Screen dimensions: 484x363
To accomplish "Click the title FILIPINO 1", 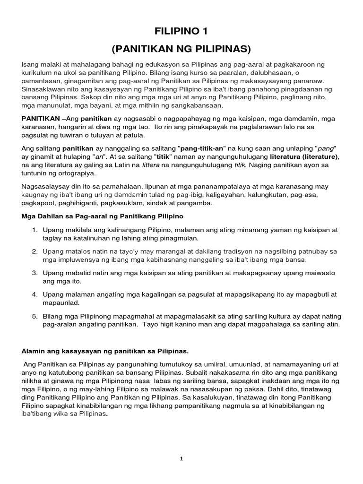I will [181, 32].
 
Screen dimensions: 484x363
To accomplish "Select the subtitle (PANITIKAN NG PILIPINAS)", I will [181, 49].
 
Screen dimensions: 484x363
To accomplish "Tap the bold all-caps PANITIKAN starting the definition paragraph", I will [41, 118].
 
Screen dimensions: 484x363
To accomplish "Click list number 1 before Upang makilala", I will [35, 230].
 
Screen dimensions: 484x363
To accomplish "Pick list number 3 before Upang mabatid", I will [35, 273].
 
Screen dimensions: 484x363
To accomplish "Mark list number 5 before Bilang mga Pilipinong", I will [35, 316].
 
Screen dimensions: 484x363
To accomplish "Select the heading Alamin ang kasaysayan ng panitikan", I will [105, 351].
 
